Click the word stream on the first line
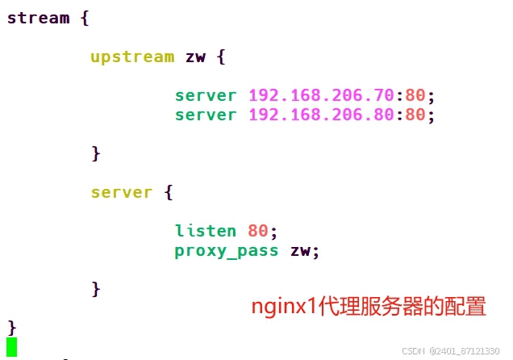pyautogui.click(x=38, y=18)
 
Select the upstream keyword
pyautogui.click(x=132, y=57)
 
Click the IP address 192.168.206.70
pyautogui.click(x=321, y=95)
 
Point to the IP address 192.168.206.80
pyautogui.click(x=321, y=115)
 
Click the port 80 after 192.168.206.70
pyautogui.click(x=415, y=95)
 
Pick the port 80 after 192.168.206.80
pyautogui.click(x=415, y=115)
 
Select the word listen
pyautogui.click(x=206, y=231)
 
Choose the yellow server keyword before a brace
pyautogui.click(x=122, y=192)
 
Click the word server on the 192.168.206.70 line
pyautogui.click(x=206, y=95)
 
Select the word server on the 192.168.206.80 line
pyautogui.click(x=206, y=115)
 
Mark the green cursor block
pyautogui.click(x=11, y=347)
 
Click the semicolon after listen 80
pyautogui.click(x=273, y=231)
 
